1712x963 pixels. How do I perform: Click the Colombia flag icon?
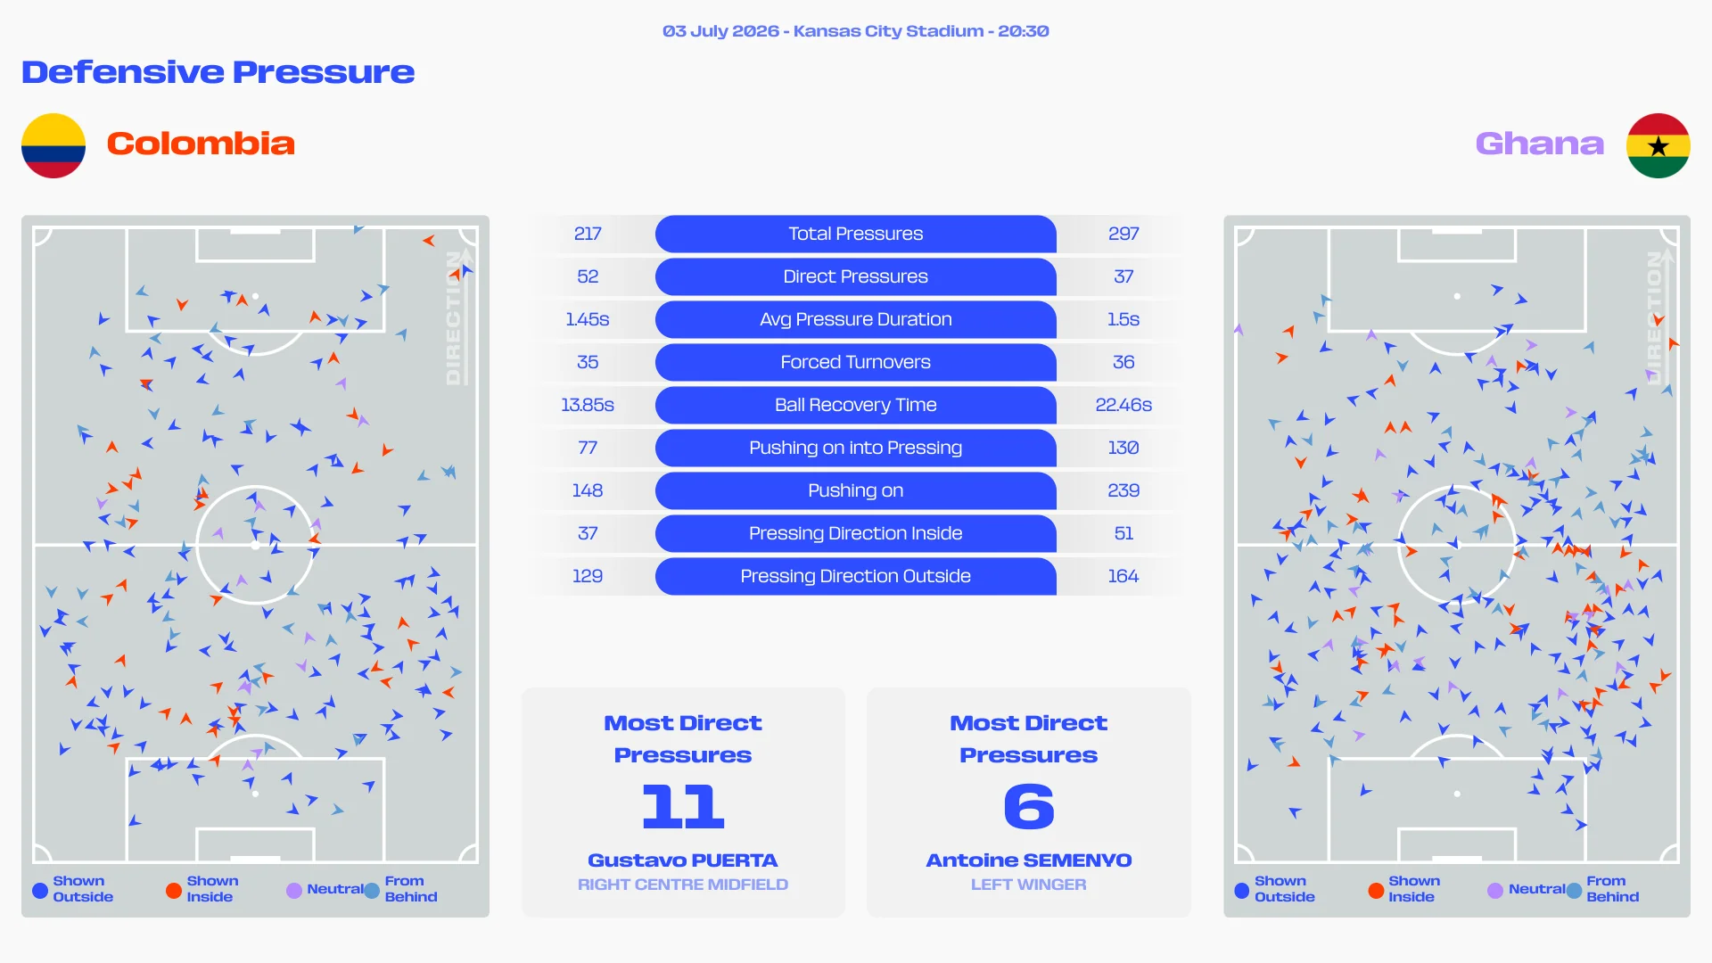click(x=53, y=145)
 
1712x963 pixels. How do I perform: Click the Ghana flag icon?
click(x=1658, y=145)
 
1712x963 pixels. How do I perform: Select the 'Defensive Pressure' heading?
click(x=218, y=72)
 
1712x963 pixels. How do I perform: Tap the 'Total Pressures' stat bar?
click(x=856, y=234)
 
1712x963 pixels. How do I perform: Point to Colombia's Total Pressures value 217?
click(x=588, y=234)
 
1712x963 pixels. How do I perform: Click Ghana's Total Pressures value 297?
click(x=1123, y=234)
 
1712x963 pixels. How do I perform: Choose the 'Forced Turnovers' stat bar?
click(x=856, y=362)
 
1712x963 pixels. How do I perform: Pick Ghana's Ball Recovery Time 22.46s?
click(x=1123, y=405)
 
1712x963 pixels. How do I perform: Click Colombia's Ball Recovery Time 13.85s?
click(x=588, y=405)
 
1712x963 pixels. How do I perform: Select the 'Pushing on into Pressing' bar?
click(x=856, y=448)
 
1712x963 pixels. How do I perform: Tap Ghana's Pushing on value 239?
click(x=1123, y=490)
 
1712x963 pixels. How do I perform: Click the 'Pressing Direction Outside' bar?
click(x=856, y=576)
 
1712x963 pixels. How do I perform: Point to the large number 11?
click(x=683, y=806)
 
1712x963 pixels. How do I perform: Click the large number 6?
click(x=1029, y=806)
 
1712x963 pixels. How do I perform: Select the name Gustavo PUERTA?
click(x=683, y=860)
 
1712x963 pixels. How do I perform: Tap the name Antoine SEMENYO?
click(x=1029, y=860)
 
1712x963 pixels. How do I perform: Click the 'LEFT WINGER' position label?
click(x=1029, y=885)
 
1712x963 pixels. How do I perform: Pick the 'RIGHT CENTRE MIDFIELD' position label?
click(x=683, y=885)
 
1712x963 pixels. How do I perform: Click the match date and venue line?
click(x=856, y=31)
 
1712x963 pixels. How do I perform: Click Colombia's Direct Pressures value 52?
click(x=588, y=276)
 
